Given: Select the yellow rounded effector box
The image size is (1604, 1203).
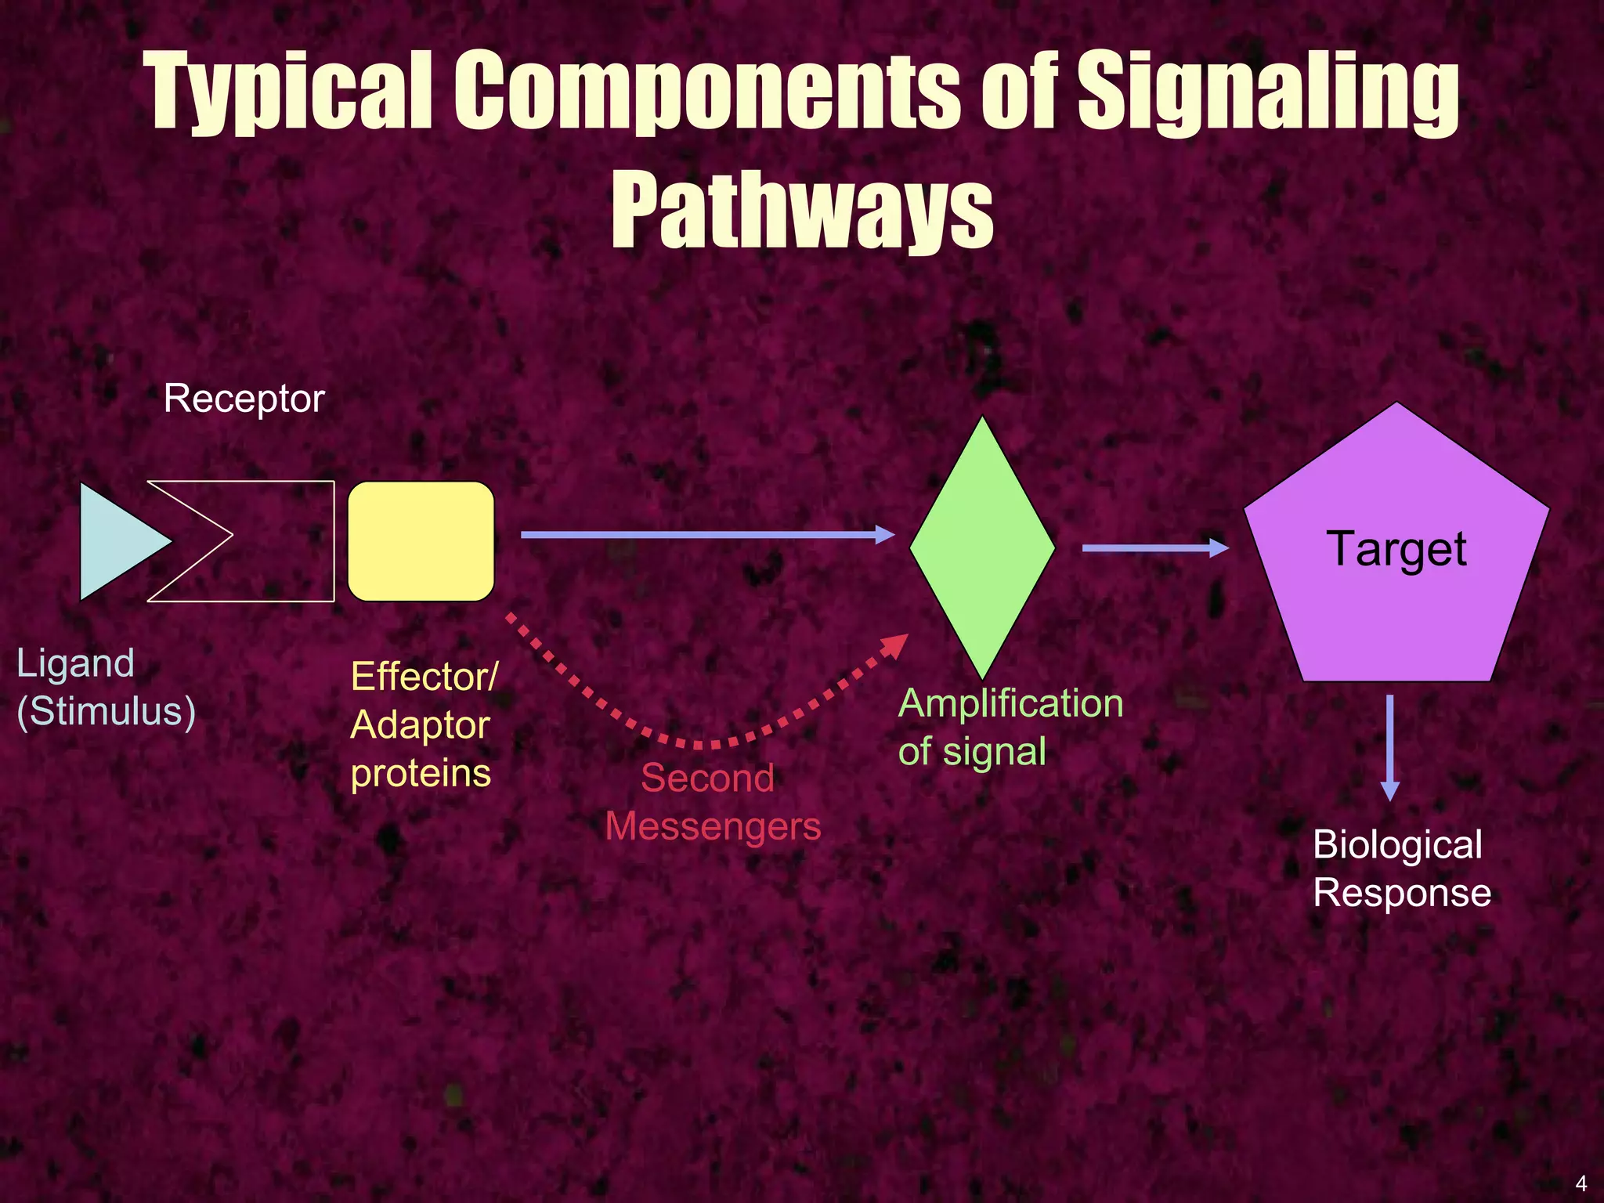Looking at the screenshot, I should pyautogui.click(x=421, y=541).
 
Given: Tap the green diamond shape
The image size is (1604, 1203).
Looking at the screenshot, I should pyautogui.click(x=982, y=547).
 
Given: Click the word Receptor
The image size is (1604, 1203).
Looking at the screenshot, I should pyautogui.click(x=244, y=399).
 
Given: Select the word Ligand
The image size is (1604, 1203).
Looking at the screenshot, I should pyautogui.click(x=75, y=663).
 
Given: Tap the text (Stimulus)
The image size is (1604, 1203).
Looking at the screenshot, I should pyautogui.click(x=106, y=712).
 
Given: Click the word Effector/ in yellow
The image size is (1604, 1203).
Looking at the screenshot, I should pyautogui.click(x=424, y=677).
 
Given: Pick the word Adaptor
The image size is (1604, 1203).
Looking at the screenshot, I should pyautogui.click(x=420, y=725).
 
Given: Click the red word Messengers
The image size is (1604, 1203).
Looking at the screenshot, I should pyautogui.click(x=713, y=826).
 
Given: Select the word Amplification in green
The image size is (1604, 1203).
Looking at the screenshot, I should pyautogui.click(x=1010, y=703).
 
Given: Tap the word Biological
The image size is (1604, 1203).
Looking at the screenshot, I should pyautogui.click(x=1397, y=845).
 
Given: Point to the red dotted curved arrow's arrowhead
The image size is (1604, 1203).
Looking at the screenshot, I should pyautogui.click(x=895, y=645).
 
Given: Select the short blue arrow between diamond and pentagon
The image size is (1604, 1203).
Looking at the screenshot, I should pyautogui.click(x=1154, y=548).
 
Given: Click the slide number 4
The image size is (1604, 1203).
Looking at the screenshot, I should pyautogui.click(x=1581, y=1183).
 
